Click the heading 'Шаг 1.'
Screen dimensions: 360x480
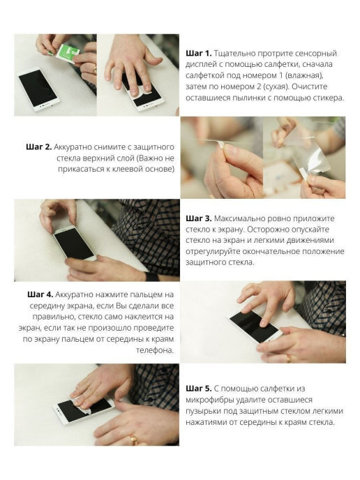click(x=199, y=53)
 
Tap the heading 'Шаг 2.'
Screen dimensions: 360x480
click(x=39, y=147)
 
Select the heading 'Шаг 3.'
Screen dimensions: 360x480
click(x=199, y=218)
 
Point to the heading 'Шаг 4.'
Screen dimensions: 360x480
click(x=40, y=294)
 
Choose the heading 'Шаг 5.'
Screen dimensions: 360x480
click(x=199, y=389)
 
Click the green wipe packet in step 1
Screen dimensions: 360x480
click(x=68, y=52)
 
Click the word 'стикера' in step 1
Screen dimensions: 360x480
click(x=328, y=98)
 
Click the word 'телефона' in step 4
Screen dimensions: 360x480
click(x=155, y=350)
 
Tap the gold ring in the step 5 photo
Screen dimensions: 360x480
click(x=134, y=440)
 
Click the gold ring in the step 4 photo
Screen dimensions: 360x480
click(x=289, y=358)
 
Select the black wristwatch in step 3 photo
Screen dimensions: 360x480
click(x=152, y=277)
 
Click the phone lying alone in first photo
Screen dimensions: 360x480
click(x=38, y=89)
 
